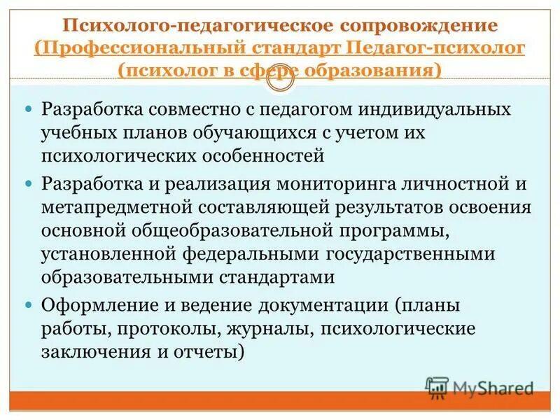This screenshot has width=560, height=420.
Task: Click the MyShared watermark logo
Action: pyautogui.click(x=480, y=387)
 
